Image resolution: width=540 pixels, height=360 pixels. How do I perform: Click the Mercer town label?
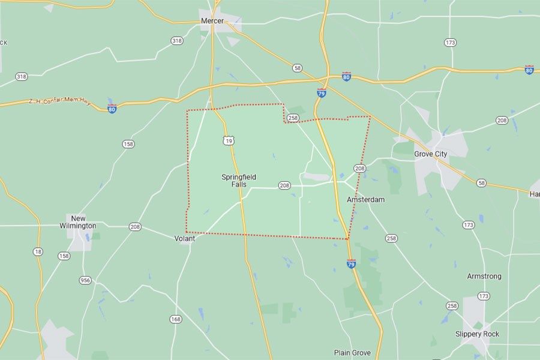212,21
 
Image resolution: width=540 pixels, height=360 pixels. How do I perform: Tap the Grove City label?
431,154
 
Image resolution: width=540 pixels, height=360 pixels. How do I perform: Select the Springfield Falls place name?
239,181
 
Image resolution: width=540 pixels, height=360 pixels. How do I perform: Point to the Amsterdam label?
365,199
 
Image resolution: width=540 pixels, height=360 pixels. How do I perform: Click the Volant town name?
185,238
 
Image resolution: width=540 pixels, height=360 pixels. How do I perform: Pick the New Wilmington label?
83,222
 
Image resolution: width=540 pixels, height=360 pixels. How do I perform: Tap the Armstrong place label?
484,277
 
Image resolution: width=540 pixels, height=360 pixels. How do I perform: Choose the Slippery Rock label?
477,334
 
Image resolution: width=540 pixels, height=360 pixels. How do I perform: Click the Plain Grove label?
352,353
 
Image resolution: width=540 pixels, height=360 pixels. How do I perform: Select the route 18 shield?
38,252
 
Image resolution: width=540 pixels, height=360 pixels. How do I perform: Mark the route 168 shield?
175,319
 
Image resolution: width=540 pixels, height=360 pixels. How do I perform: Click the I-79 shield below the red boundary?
351,263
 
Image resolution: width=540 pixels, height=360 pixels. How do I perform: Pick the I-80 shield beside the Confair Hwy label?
112,109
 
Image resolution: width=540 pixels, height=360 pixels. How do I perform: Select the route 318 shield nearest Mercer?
176,41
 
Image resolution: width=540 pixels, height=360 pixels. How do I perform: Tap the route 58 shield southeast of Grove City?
481,182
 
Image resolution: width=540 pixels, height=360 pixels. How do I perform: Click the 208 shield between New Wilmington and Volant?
135,227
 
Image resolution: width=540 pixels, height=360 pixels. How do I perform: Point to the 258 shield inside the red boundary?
293,118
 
